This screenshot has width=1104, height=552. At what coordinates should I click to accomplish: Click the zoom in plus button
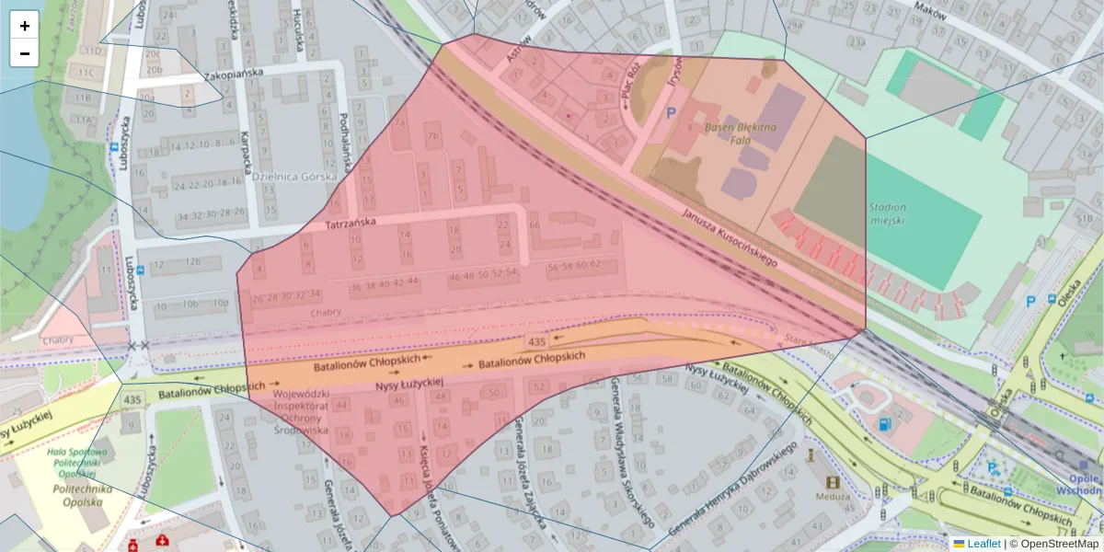(25, 26)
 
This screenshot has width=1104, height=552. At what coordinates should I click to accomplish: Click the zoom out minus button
(25, 53)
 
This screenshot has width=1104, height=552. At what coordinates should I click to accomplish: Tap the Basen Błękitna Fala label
(742, 132)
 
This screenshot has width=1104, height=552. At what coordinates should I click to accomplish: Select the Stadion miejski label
(887, 213)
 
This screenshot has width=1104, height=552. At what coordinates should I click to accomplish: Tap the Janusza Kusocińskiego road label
(730, 237)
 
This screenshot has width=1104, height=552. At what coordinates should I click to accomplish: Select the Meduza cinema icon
(833, 482)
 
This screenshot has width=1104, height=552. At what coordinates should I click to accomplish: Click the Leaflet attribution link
(983, 544)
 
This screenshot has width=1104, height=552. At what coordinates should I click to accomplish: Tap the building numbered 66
(535, 225)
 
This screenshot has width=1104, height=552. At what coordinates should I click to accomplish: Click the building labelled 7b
(432, 137)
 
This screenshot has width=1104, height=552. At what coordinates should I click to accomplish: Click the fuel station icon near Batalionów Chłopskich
(884, 424)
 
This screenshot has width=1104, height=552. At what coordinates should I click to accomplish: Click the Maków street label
(930, 9)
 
